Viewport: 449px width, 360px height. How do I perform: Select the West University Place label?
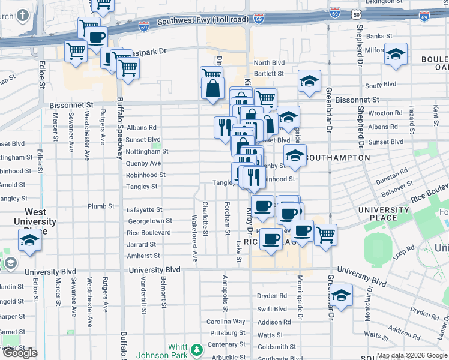[x=40, y=217]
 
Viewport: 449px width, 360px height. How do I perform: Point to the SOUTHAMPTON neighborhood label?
[x=337, y=158]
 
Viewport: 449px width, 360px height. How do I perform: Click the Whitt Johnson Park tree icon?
[x=196, y=349]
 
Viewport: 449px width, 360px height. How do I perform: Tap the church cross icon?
[x=23, y=15]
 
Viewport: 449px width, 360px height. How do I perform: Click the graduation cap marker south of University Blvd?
[x=341, y=295]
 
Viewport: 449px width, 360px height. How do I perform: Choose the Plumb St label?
[x=101, y=206]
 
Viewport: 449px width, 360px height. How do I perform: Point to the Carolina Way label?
[x=226, y=322]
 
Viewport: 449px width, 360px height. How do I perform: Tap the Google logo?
[x=20, y=353]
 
